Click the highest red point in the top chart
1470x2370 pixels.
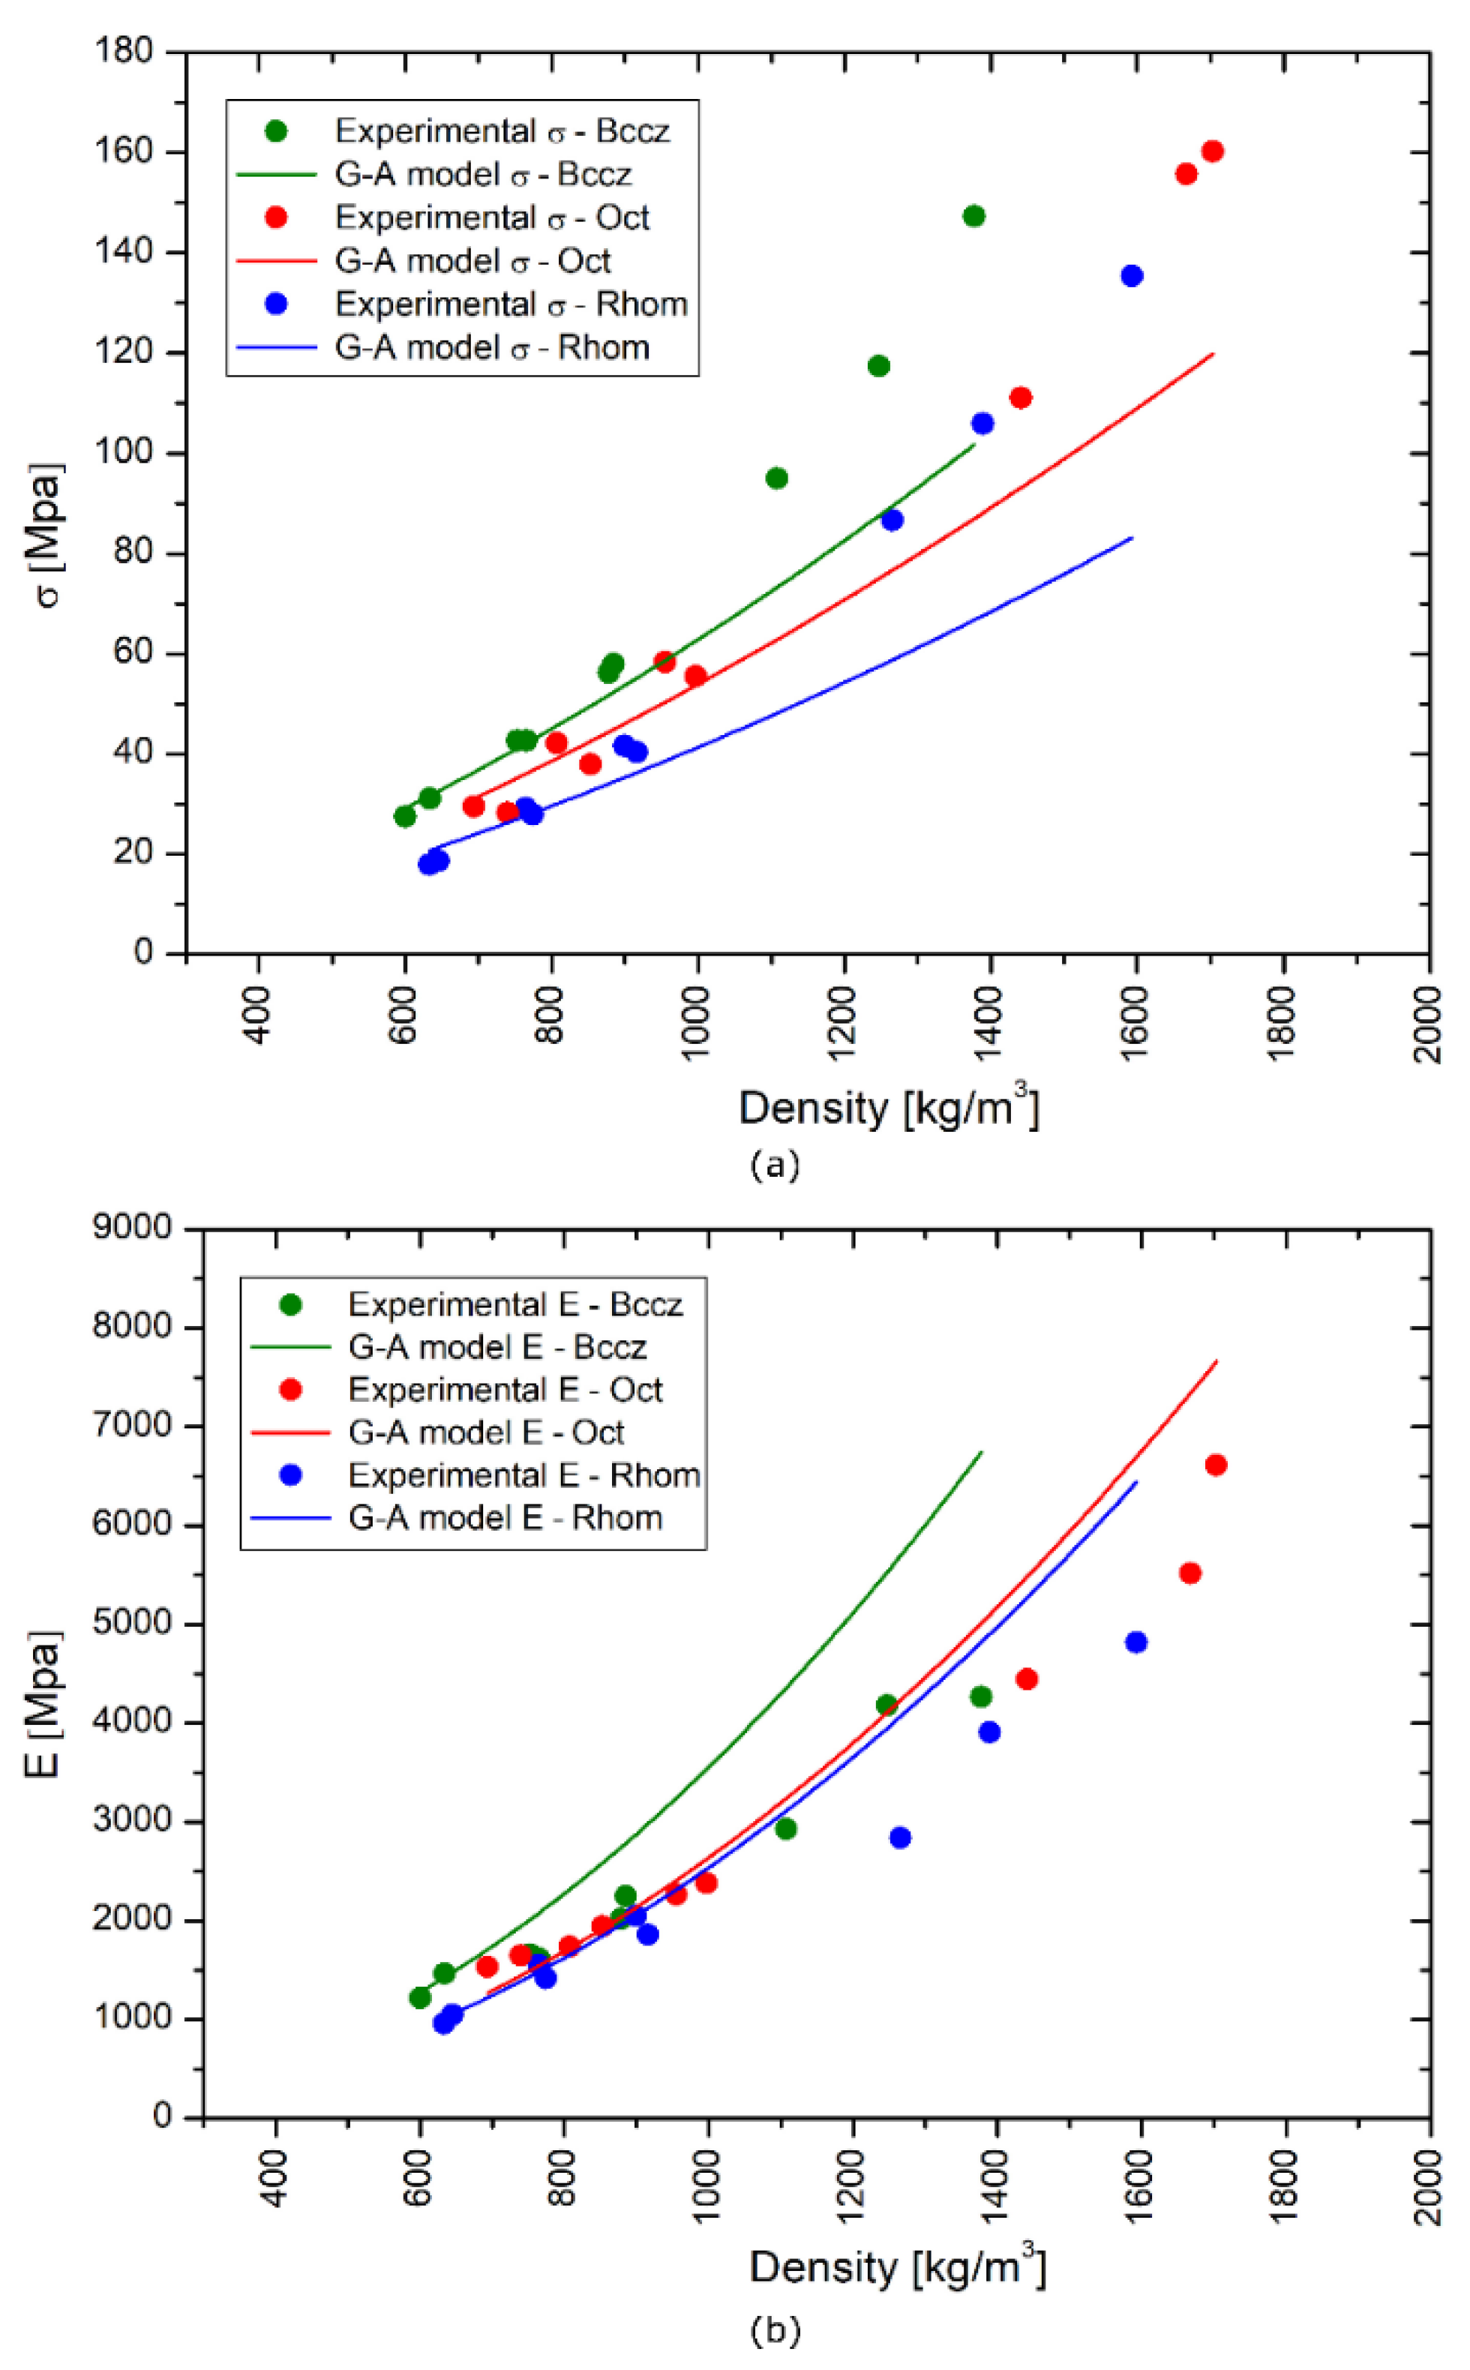tap(1212, 151)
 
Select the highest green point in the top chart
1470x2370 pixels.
tap(973, 216)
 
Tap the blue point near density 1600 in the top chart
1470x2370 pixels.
tap(1132, 276)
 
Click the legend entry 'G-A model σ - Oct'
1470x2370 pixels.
tap(472, 260)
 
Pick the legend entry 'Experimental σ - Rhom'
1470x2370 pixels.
tap(511, 304)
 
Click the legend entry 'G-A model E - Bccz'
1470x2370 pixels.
tap(496, 1347)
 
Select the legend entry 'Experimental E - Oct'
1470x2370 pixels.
tap(505, 1390)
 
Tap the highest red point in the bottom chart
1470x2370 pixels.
tap(1215, 1465)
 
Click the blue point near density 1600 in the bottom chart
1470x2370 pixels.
tap(1135, 1642)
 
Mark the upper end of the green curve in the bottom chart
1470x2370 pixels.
tap(982, 1452)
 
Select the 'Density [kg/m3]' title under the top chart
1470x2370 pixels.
tap(889, 1108)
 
